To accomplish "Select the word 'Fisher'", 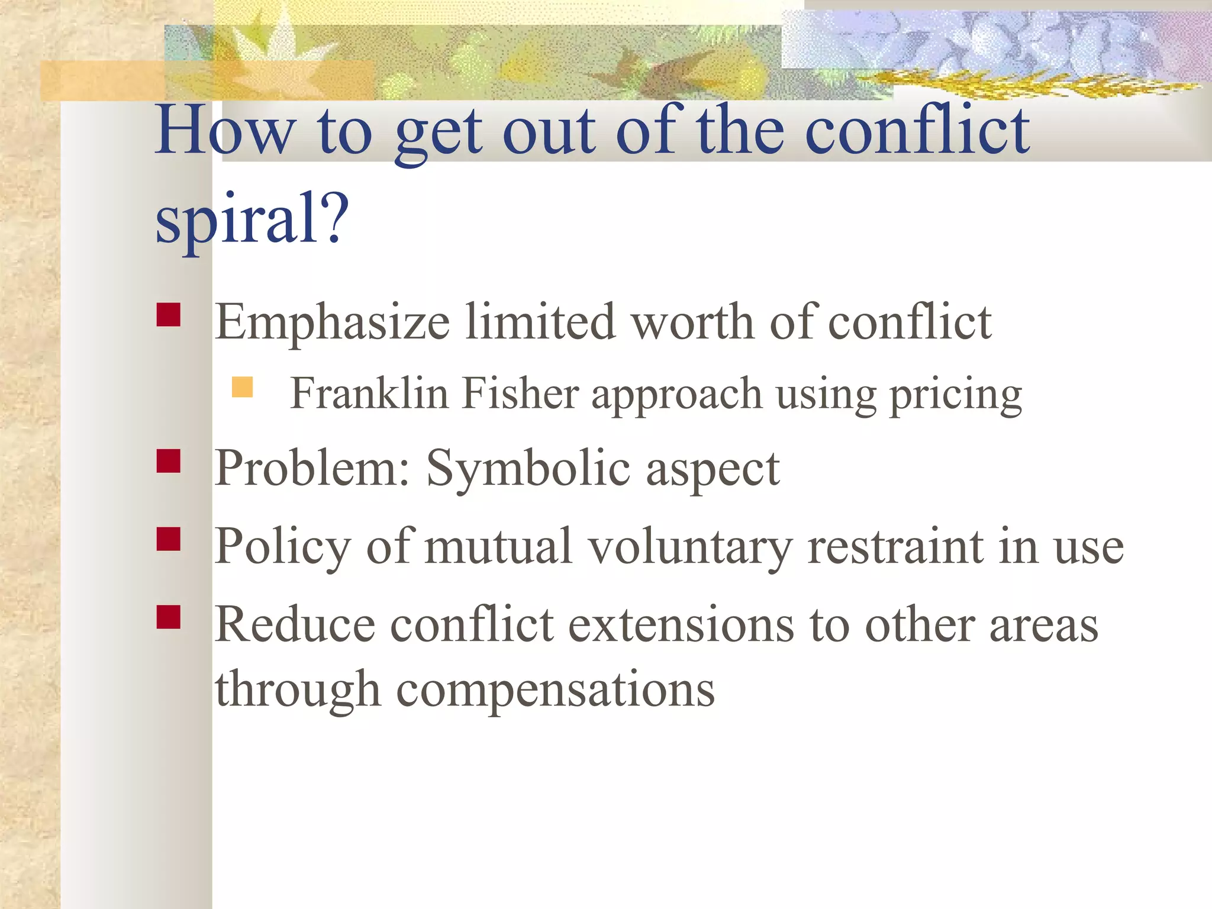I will (x=520, y=394).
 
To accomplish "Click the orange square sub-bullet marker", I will (x=243, y=387).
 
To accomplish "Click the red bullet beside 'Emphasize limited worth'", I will (x=169, y=315).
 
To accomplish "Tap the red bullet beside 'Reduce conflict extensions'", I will (x=169, y=617).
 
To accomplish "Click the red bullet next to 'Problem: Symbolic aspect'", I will (x=169, y=461).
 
